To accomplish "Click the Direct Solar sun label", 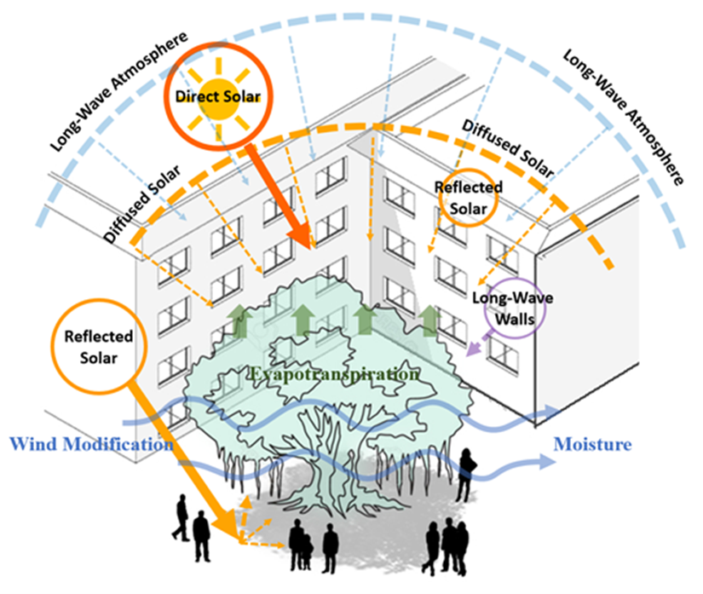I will (216, 96).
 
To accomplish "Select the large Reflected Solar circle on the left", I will (103, 345).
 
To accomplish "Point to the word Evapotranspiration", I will (334, 374).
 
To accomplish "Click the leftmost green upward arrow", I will (239, 322).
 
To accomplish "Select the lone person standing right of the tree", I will (467, 473).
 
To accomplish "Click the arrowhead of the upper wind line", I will (550, 413).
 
